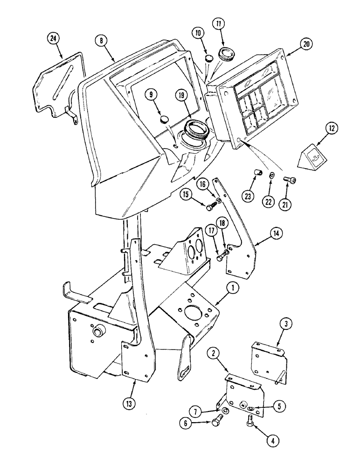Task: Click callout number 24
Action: tap(55, 39)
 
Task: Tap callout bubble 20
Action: tap(306, 45)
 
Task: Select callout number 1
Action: tap(233, 288)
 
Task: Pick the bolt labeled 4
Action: tap(249, 424)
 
